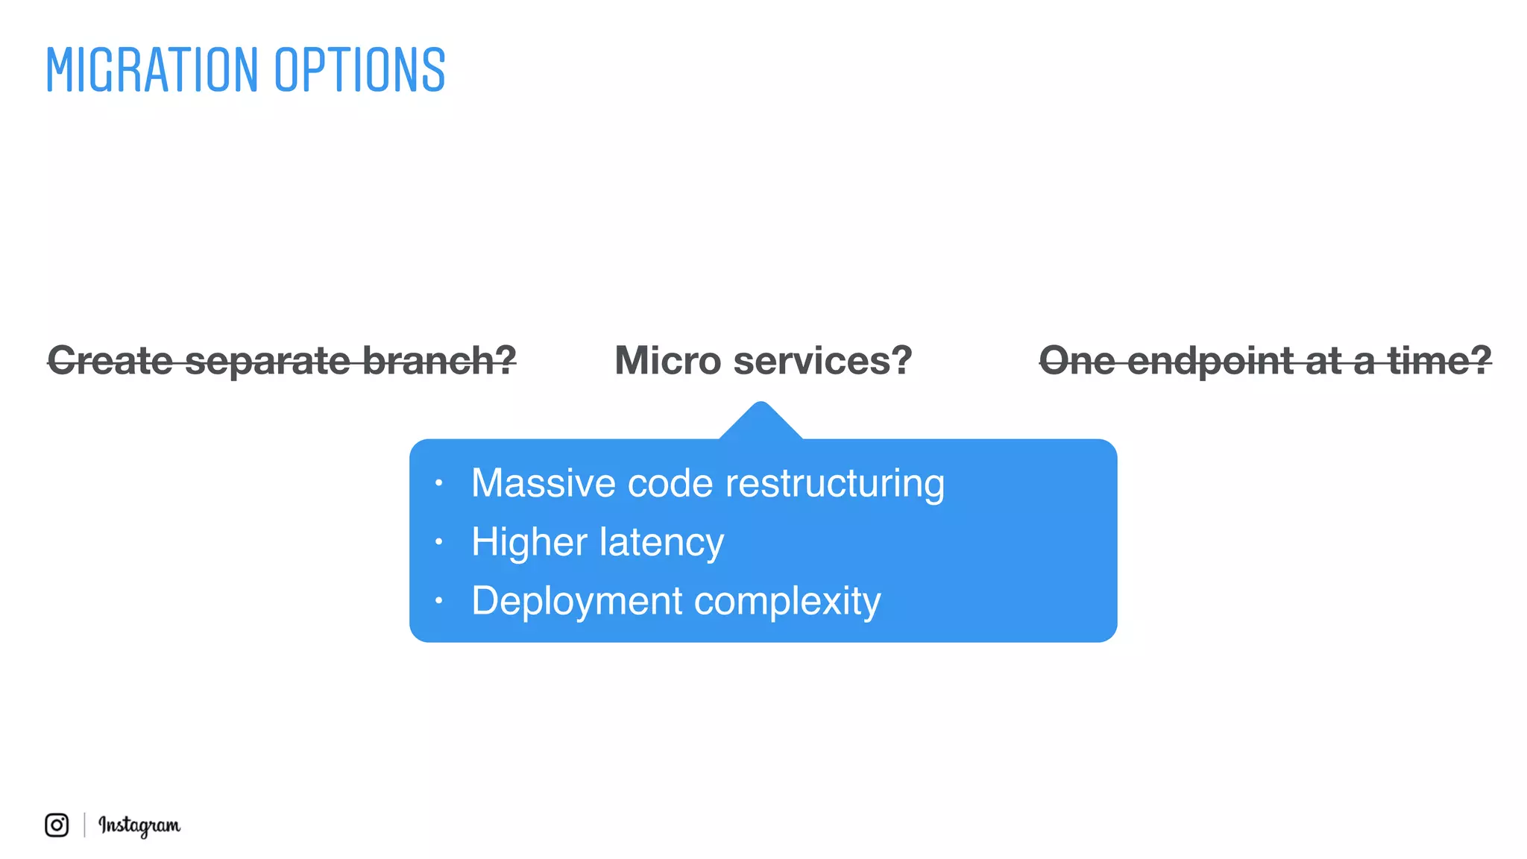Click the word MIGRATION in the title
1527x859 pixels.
pyautogui.click(x=151, y=70)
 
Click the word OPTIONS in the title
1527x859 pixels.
pyautogui.click(x=359, y=70)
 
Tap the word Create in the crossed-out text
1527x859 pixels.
pyautogui.click(x=110, y=361)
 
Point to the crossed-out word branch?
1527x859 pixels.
pyautogui.click(x=440, y=361)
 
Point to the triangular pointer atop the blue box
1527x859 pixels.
pyautogui.click(x=761, y=422)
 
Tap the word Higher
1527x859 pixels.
pyautogui.click(x=529, y=542)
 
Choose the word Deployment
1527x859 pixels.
pyautogui.click(x=577, y=601)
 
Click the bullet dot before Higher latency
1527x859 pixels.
pyautogui.click(x=439, y=541)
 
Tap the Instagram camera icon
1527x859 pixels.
pyautogui.click(x=57, y=825)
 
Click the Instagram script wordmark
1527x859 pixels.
pyautogui.click(x=139, y=825)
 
